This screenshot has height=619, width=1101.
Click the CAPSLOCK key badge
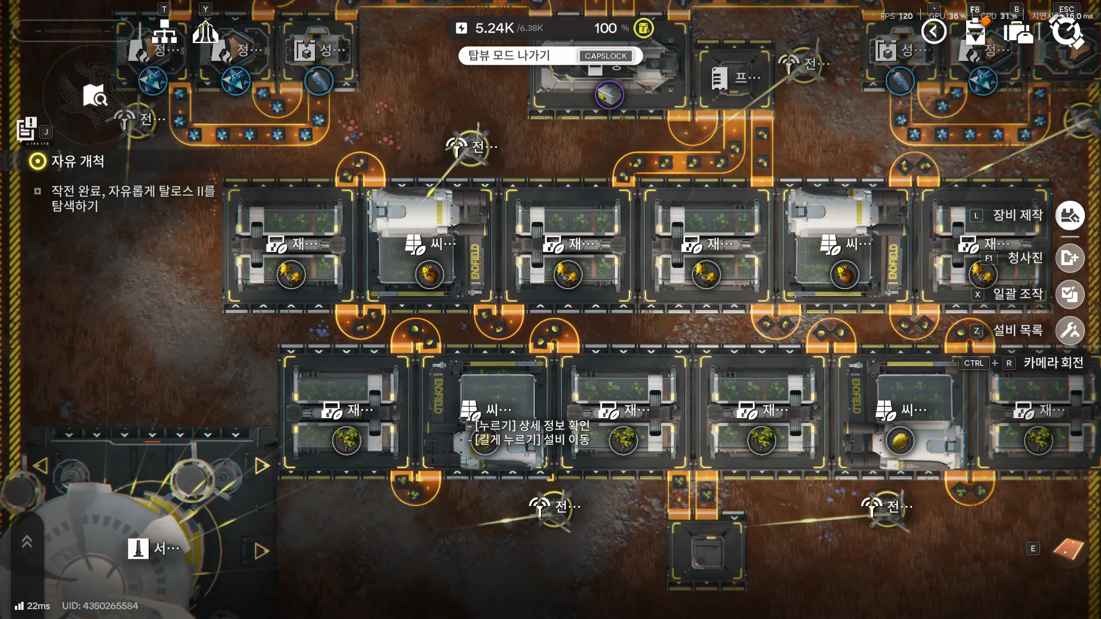605,56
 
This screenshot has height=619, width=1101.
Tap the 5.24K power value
494,28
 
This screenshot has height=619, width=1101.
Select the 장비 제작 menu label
1017,215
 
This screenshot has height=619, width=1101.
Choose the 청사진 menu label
1025,258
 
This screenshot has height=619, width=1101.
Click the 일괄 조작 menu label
1017,294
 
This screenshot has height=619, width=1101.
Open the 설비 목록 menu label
1017,330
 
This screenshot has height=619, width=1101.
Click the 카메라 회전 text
1053,363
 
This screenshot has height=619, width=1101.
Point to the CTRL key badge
973,363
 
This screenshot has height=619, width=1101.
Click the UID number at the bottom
100,606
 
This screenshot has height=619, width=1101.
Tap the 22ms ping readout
38,606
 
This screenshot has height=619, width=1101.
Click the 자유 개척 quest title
77,161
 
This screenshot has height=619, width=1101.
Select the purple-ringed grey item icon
609,95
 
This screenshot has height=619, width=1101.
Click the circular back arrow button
933,31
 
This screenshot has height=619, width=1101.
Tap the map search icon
94,96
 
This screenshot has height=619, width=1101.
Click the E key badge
1033,548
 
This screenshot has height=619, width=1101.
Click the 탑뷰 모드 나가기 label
509,56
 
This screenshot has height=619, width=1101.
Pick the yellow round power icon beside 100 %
644,28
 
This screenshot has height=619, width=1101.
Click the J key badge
46,131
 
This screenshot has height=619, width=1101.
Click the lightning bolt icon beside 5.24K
461,28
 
